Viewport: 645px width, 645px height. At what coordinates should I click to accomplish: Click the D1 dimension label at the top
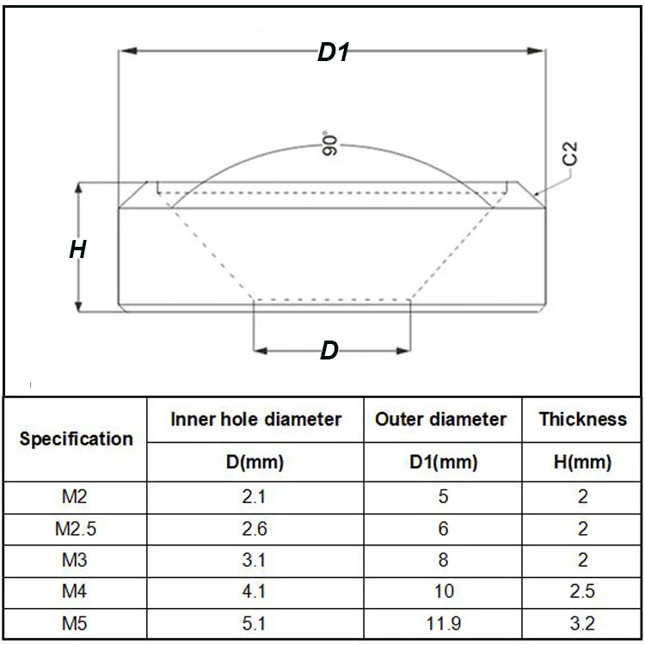pos(334,52)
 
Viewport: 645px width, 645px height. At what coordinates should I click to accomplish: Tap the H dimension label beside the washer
pos(77,250)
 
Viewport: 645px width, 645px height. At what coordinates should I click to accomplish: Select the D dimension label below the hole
pos(329,351)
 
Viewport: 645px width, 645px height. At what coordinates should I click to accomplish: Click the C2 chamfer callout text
pos(569,155)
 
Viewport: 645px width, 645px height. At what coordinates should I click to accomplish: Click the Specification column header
pos(77,439)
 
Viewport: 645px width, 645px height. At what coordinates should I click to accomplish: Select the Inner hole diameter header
pos(255,420)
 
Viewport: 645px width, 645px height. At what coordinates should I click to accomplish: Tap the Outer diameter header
pos(440,420)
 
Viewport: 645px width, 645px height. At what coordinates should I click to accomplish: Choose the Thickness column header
pos(582,420)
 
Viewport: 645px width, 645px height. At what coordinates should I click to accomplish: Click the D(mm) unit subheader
pos(255,463)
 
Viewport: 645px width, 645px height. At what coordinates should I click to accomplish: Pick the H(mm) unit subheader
pos(582,463)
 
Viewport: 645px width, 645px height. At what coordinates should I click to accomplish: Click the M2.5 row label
pos(76,529)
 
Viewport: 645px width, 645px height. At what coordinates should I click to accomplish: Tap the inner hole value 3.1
pos(255,561)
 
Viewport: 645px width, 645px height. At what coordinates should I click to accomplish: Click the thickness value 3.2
pos(582,623)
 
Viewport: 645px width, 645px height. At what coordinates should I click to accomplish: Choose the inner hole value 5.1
pos(255,623)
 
